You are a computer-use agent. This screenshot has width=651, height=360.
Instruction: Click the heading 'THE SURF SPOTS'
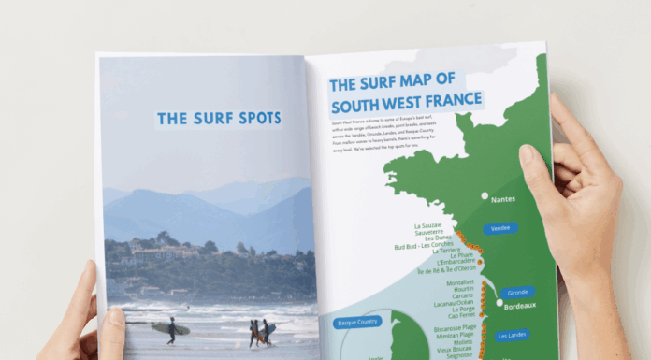click(219, 119)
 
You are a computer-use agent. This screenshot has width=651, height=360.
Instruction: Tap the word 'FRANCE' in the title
click(451, 99)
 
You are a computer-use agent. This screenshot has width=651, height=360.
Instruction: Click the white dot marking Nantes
click(485, 197)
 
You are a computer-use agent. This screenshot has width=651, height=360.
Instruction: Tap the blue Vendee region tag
click(500, 227)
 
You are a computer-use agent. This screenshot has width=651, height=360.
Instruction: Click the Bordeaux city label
click(520, 306)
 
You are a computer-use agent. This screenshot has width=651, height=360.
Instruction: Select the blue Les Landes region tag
click(513, 335)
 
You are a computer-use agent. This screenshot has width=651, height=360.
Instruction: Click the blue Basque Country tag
click(357, 324)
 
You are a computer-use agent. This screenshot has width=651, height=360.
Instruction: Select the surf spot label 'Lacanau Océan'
click(452, 302)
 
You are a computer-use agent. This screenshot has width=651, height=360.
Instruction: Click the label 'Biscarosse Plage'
click(454, 329)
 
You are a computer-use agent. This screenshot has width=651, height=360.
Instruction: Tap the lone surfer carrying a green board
click(172, 328)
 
